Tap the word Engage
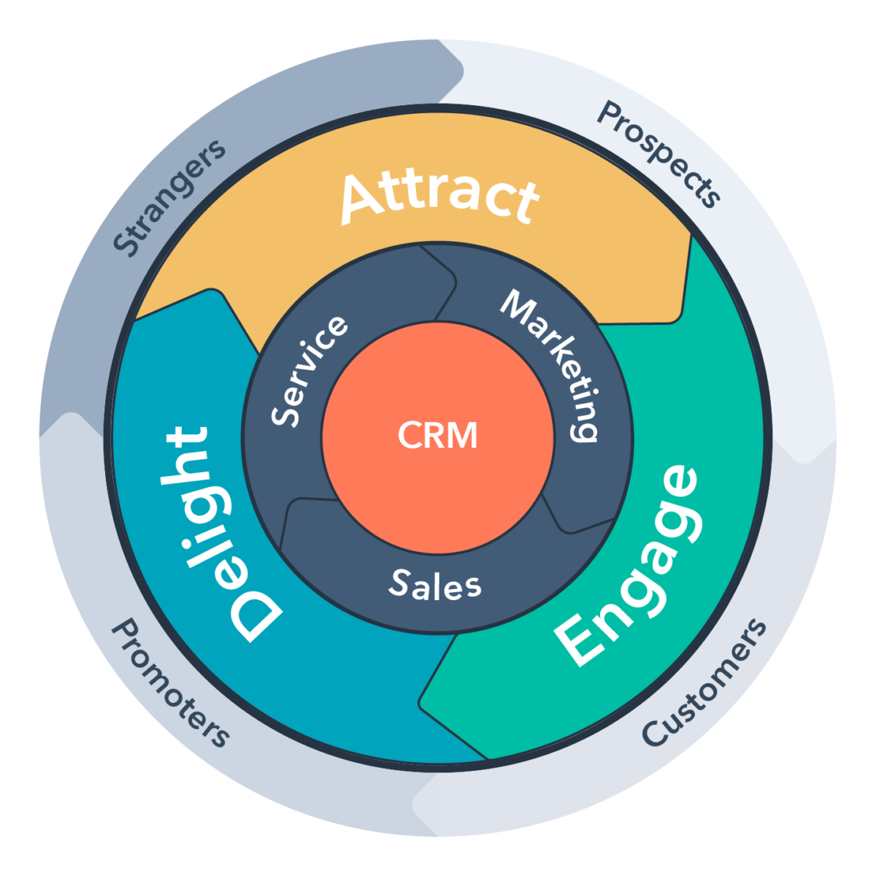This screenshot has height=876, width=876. [628, 566]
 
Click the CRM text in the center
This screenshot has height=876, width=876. [438, 436]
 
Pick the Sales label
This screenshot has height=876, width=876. [435, 585]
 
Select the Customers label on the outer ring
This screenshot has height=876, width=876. [705, 683]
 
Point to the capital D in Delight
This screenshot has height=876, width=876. [255, 613]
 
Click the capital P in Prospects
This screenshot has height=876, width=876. [609, 115]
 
